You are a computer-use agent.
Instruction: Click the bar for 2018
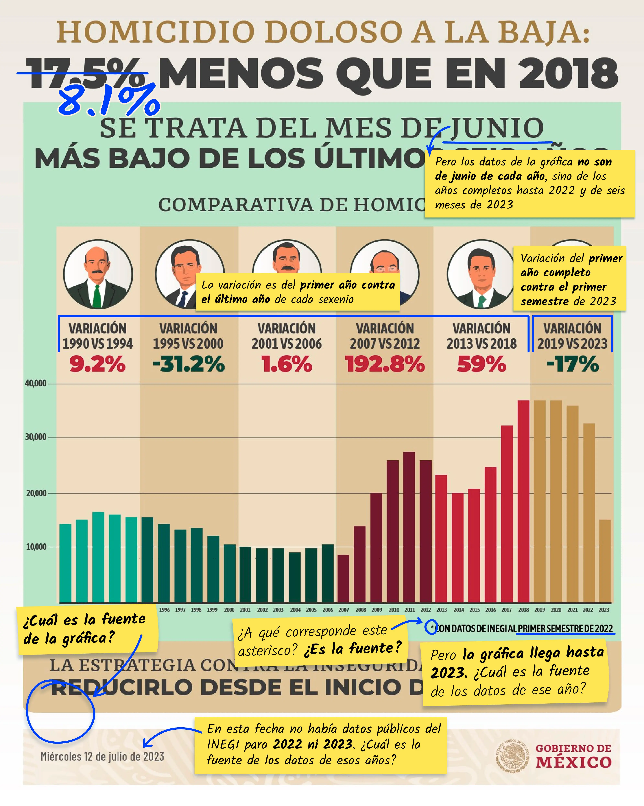[x=523, y=501]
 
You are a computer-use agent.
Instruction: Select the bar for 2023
[x=605, y=561]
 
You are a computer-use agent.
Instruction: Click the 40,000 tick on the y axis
[x=35, y=383]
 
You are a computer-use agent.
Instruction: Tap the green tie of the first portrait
[x=97, y=295]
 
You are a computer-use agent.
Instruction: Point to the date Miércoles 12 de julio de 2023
[x=102, y=757]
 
